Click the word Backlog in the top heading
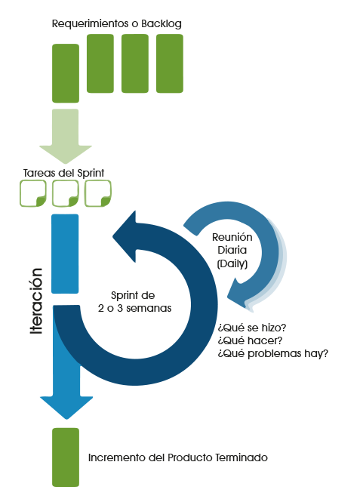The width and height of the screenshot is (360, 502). pyautogui.click(x=162, y=24)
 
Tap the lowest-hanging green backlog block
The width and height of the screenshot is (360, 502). pyautogui.click(x=66, y=73)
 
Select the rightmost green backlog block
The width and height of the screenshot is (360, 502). pyautogui.click(x=170, y=63)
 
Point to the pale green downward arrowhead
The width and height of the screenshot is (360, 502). pyautogui.click(x=66, y=154)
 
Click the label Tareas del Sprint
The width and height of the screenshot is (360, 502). pyautogui.click(x=63, y=173)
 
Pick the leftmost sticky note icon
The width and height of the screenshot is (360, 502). pyautogui.click(x=33, y=193)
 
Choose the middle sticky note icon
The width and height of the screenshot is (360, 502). pyautogui.click(x=65, y=193)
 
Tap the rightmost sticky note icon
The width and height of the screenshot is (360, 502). pyautogui.click(x=98, y=193)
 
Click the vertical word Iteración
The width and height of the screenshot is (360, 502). pyautogui.click(x=36, y=301)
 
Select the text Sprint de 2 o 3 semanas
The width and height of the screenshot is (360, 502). pyautogui.click(x=134, y=302)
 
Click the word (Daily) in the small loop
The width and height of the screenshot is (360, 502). pyautogui.click(x=232, y=263)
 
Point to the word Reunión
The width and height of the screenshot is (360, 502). pyautogui.click(x=232, y=237)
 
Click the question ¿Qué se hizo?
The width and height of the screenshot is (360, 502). pyautogui.click(x=252, y=328)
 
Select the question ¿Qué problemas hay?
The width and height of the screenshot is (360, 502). pyautogui.click(x=273, y=353)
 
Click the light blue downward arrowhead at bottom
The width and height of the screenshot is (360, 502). pyautogui.click(x=66, y=408)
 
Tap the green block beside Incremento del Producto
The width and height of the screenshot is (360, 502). pyautogui.click(x=66, y=457)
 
